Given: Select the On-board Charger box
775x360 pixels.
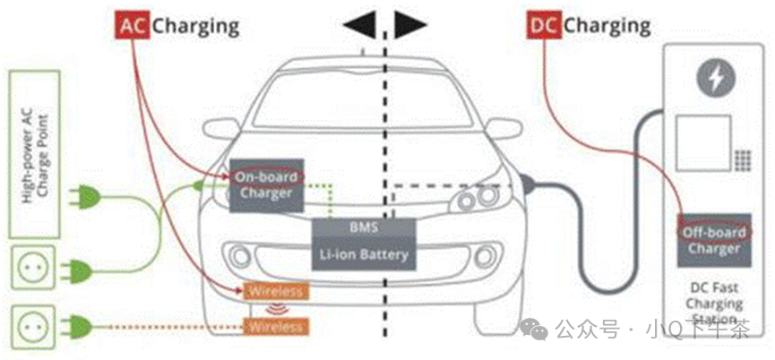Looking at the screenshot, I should tap(267, 184).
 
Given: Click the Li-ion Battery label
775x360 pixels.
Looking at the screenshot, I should tap(363, 254).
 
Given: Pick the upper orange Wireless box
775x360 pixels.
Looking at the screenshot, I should tap(277, 291).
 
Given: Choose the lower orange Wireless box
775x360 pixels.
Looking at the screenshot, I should tap(277, 326).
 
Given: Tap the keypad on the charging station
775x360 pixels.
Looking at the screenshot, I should tap(742, 161).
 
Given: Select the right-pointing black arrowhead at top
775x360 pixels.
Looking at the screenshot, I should tap(411, 26).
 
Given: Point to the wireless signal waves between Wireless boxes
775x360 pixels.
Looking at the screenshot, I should tap(277, 309).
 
